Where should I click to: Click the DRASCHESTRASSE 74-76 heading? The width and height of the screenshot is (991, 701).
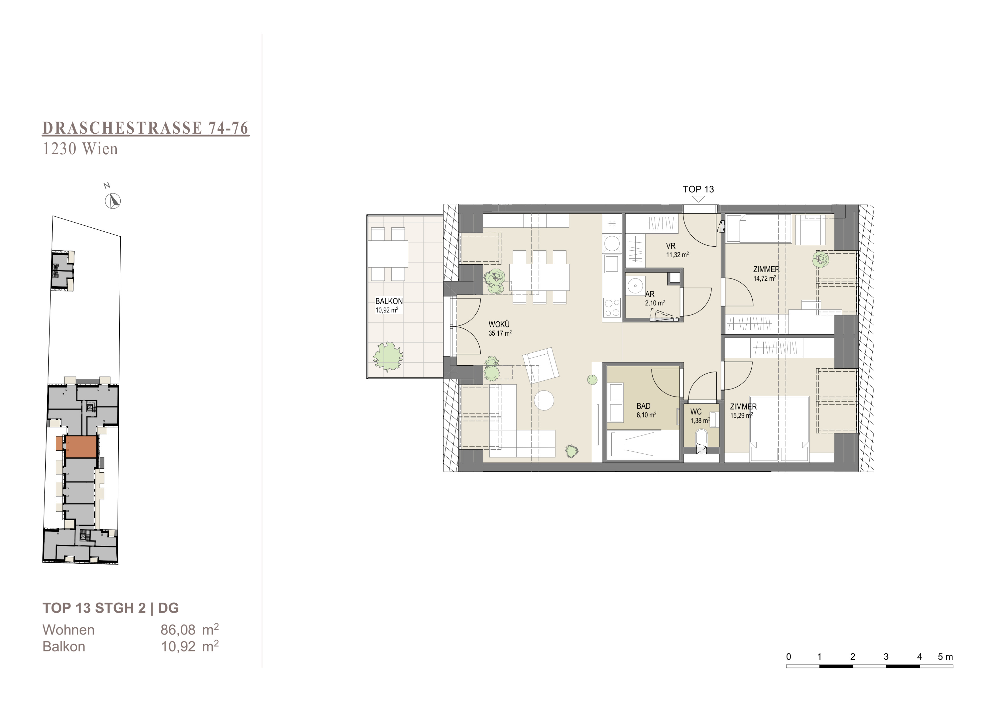click(146, 128)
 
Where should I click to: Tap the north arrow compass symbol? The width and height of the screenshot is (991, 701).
click(113, 201)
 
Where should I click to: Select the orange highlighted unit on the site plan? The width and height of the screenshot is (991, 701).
click(80, 447)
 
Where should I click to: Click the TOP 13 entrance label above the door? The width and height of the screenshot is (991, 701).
click(698, 189)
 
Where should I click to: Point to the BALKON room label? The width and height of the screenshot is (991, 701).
click(389, 301)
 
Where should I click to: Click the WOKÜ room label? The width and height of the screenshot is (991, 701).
click(499, 325)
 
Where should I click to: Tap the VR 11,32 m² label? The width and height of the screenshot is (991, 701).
click(677, 250)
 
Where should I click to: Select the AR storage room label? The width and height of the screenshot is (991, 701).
click(650, 294)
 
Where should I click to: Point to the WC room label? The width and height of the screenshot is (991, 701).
click(696, 412)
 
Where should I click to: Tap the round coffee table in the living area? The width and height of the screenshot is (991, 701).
click(544, 400)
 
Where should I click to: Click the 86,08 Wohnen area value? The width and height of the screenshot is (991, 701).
click(178, 630)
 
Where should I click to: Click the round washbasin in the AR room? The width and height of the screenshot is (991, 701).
click(635, 286)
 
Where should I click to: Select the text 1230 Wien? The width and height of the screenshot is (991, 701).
click(80, 149)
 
